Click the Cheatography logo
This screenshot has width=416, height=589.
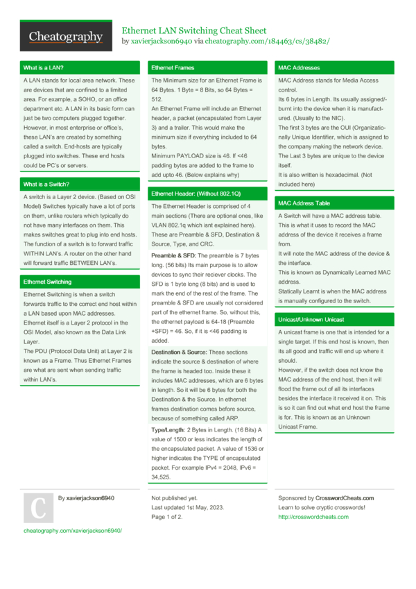click(66, 37)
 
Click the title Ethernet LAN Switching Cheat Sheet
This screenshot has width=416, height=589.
click(194, 31)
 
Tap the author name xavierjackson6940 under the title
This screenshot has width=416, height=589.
click(157, 42)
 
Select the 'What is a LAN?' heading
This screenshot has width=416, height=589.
click(44, 68)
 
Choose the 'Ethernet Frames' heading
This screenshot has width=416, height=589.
click(173, 68)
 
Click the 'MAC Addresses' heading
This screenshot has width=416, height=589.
click(299, 68)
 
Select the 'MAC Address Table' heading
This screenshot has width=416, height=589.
click(304, 204)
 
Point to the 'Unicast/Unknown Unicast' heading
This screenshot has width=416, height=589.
click(311, 320)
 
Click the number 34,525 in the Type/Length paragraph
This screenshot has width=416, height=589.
click(162, 478)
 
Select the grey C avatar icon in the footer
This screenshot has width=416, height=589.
click(38, 509)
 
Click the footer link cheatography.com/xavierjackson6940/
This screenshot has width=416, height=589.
click(73, 530)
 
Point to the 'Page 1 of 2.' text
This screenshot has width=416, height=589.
click(167, 517)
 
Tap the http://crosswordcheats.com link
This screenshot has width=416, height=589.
click(313, 517)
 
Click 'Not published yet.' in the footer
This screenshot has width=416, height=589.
click(174, 498)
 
